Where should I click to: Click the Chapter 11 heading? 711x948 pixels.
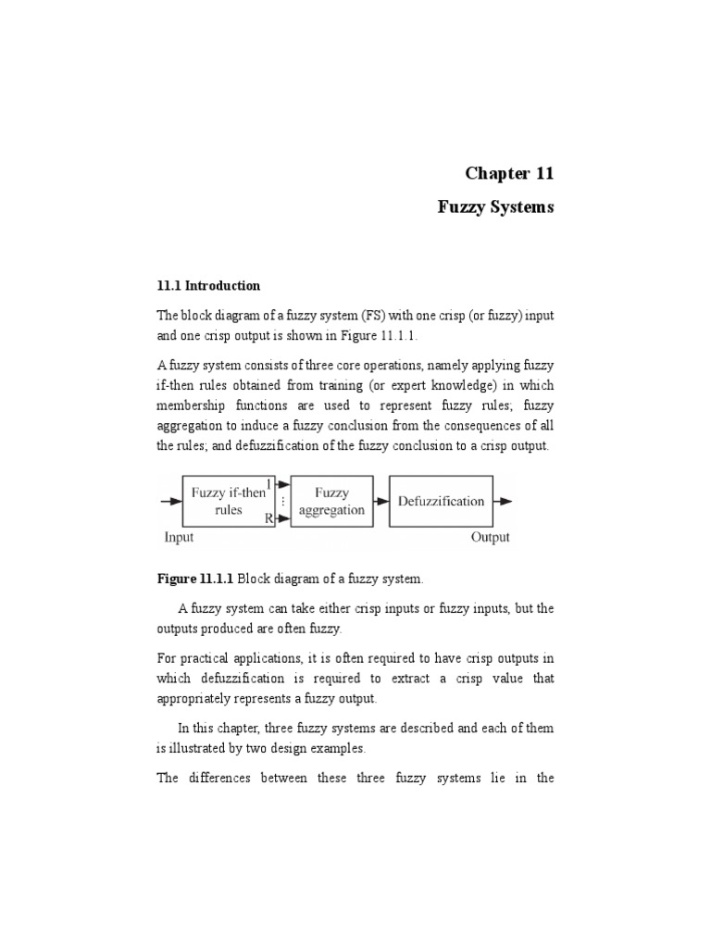pos(508,173)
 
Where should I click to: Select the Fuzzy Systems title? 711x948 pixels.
pos(495,207)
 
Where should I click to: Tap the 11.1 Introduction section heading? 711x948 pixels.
pos(207,285)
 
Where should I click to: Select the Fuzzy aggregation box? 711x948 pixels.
pos(332,501)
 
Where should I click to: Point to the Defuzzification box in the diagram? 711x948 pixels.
pos(441,501)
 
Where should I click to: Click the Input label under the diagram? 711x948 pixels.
pos(179,537)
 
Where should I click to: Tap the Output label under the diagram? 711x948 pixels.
pos(490,537)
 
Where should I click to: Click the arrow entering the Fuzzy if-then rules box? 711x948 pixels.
pos(171,502)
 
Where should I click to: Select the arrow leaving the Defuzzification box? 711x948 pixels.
pos(505,502)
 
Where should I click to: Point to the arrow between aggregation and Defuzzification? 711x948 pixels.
pos(381,502)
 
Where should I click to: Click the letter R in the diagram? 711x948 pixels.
pos(268,519)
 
